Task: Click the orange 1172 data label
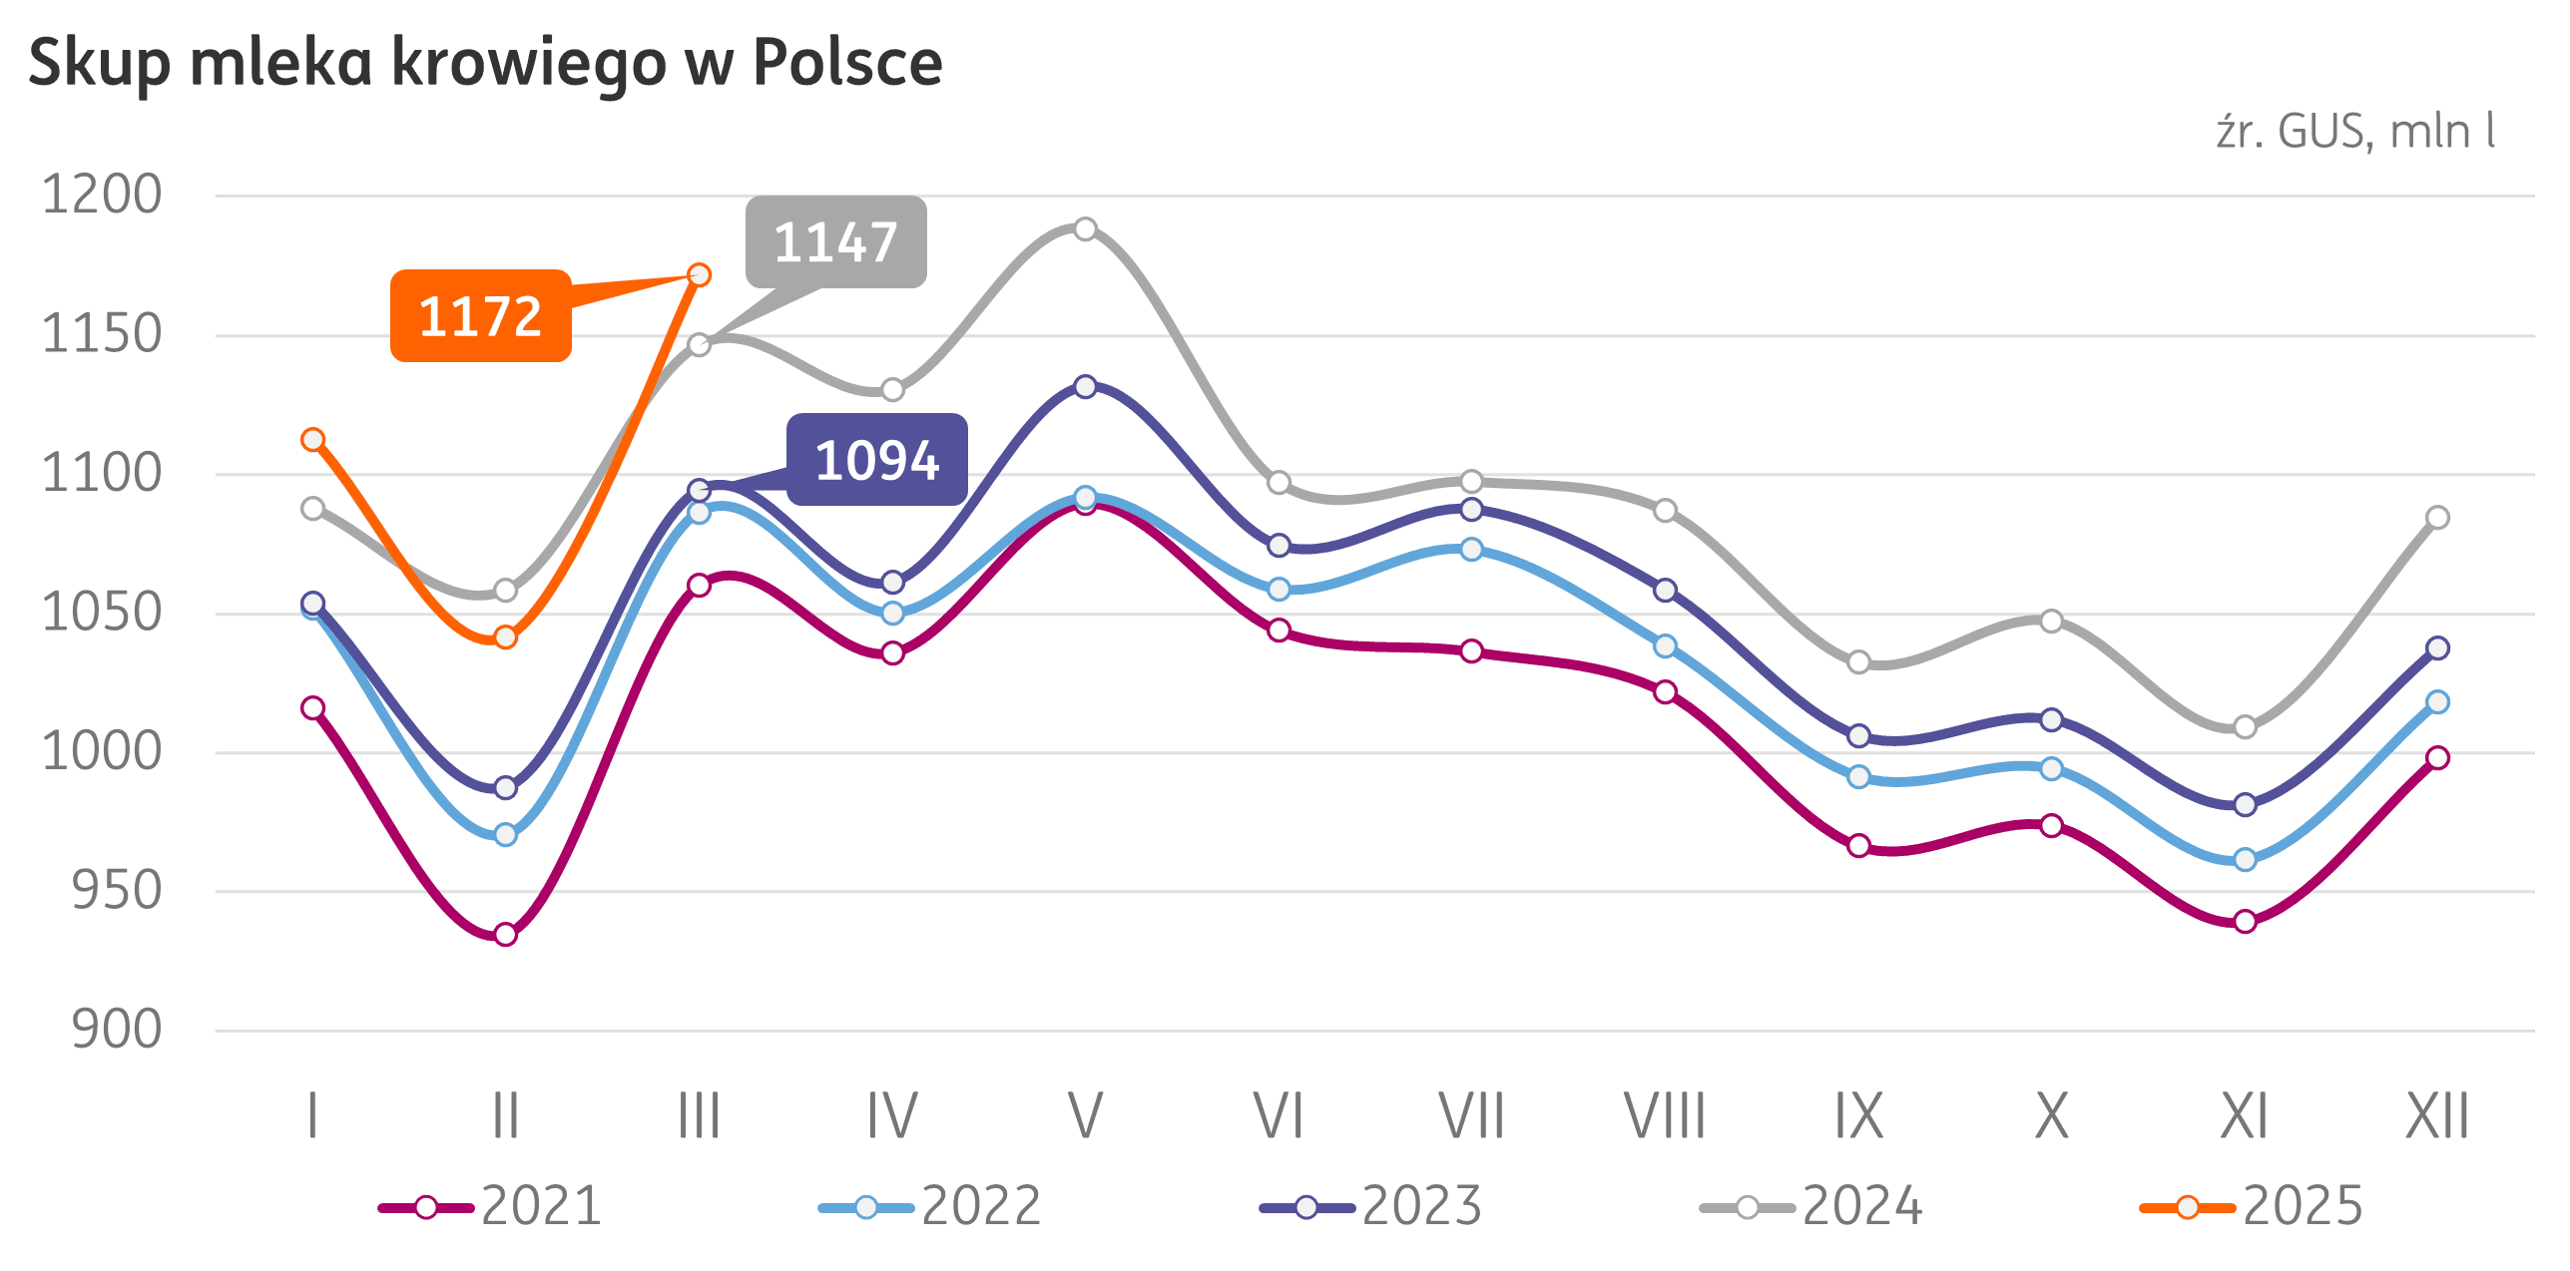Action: click(x=480, y=315)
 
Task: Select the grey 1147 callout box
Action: click(x=835, y=242)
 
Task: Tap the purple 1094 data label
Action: click(x=876, y=460)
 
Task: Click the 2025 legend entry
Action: click(x=2253, y=1206)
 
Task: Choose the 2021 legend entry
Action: click(x=491, y=1206)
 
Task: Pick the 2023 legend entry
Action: click(x=1372, y=1206)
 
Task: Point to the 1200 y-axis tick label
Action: click(x=101, y=195)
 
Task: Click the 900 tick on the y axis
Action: click(x=116, y=1030)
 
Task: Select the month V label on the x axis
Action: click(x=1085, y=1115)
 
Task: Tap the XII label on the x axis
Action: click(x=2436, y=1115)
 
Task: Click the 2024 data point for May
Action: click(x=1085, y=229)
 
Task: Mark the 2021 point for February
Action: click(x=505, y=935)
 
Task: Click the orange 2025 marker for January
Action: click(x=312, y=439)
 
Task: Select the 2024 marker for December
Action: click(x=2437, y=517)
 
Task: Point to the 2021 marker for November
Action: click(x=2245, y=922)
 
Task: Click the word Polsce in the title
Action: click(x=847, y=63)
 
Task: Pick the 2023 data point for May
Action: click(x=1085, y=386)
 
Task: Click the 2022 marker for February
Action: click(x=505, y=834)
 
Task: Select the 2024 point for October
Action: click(x=2051, y=622)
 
